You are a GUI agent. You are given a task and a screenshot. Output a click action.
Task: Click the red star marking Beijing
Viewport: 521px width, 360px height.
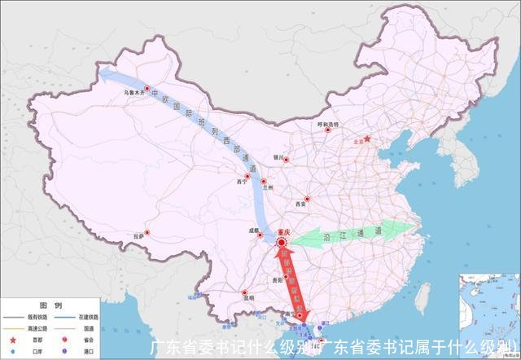[367, 138]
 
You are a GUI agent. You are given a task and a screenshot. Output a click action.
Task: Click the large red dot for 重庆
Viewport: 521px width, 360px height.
[282, 243]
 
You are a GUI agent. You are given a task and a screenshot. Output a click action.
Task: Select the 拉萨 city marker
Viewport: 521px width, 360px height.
[147, 230]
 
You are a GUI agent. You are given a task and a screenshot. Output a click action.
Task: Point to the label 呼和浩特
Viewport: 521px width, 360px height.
[327, 123]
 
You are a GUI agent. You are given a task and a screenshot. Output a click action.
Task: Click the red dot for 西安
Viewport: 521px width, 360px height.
[308, 199]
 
